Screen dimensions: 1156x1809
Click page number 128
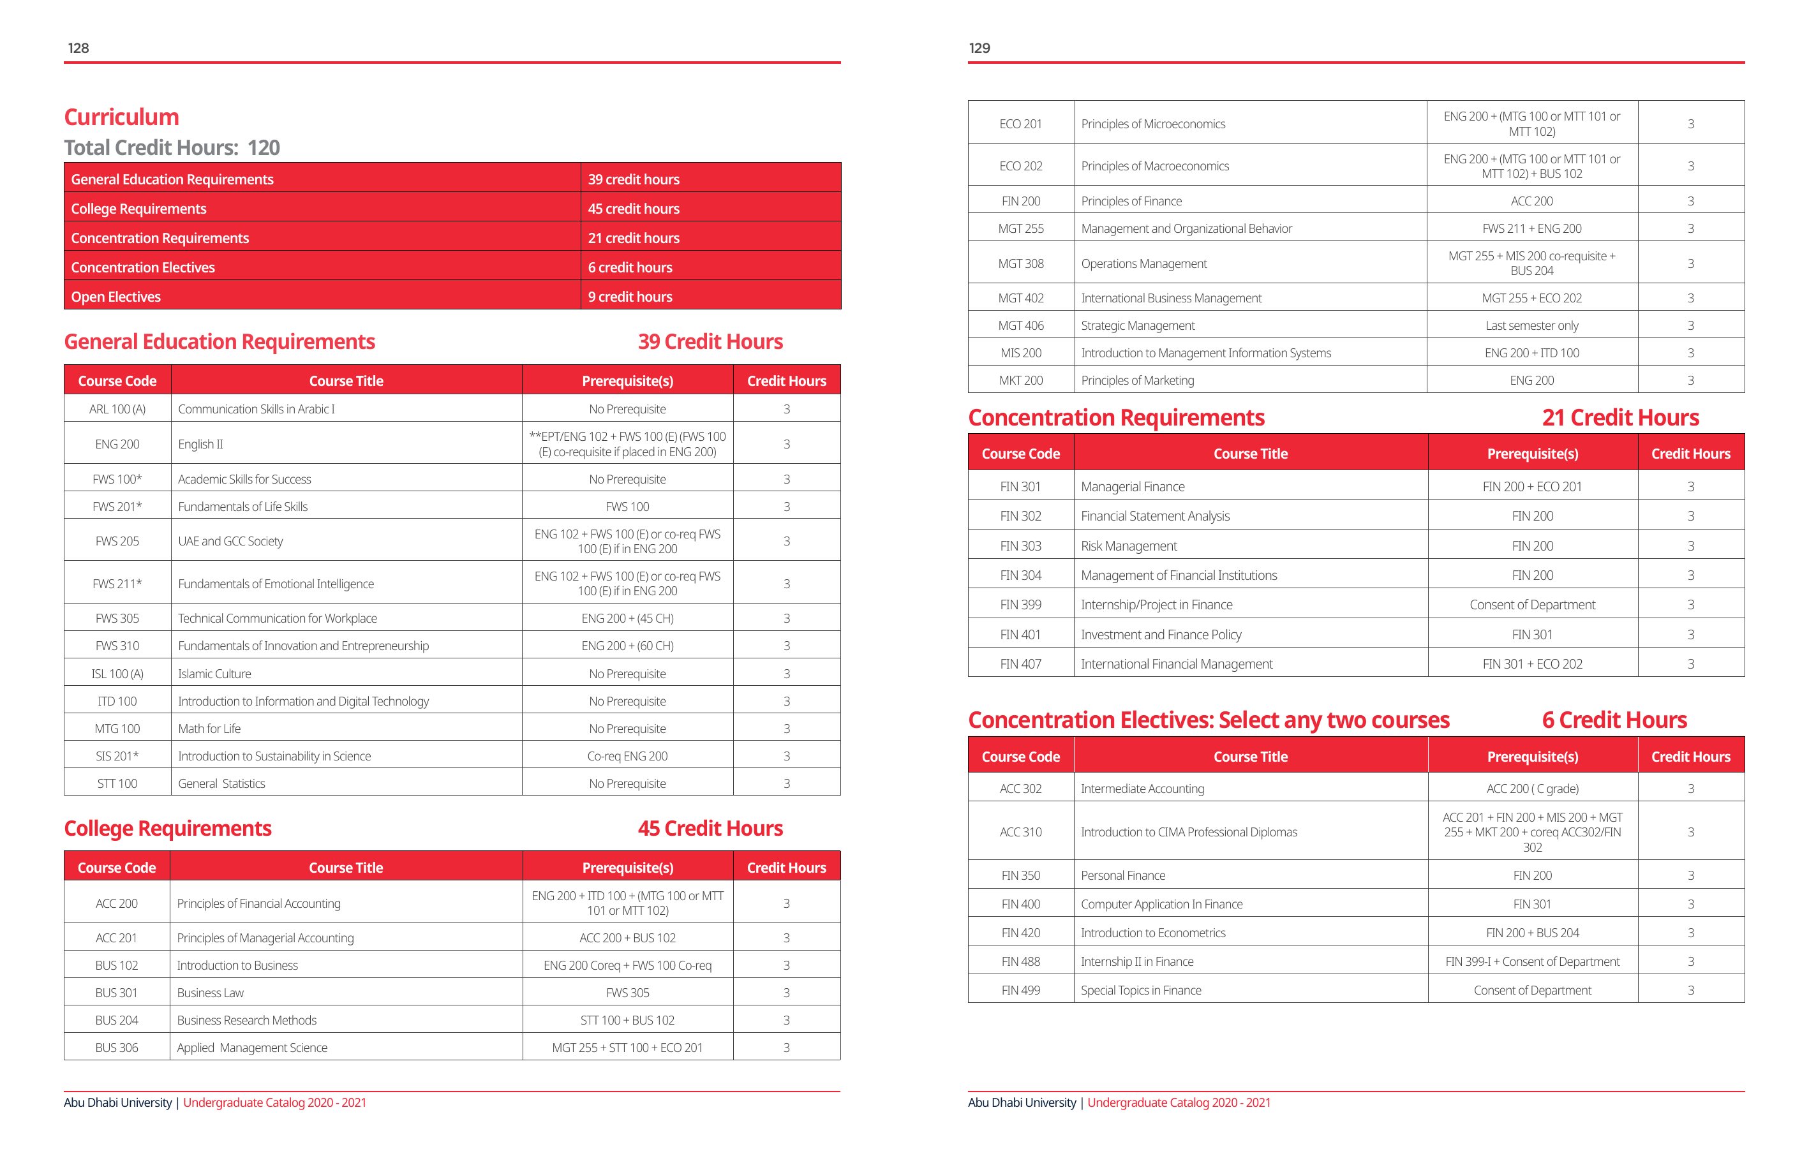78,48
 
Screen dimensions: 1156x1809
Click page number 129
979,48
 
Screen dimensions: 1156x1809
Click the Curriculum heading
122,117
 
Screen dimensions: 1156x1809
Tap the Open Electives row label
115,297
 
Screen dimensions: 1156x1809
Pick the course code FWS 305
117,618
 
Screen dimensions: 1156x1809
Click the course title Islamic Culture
214,674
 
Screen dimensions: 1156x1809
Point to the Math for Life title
209,729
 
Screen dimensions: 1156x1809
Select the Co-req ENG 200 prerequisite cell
627,757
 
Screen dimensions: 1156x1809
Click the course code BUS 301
116,993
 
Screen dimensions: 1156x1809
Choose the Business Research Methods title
246,1020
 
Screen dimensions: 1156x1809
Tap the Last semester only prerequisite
1532,325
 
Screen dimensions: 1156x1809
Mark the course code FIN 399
1020,605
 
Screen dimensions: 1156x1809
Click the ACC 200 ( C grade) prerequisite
1532,789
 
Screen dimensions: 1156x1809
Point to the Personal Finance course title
1123,875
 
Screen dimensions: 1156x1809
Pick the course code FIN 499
1020,990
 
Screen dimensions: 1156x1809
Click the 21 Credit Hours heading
1619,418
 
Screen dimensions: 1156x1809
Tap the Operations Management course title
1143,263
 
